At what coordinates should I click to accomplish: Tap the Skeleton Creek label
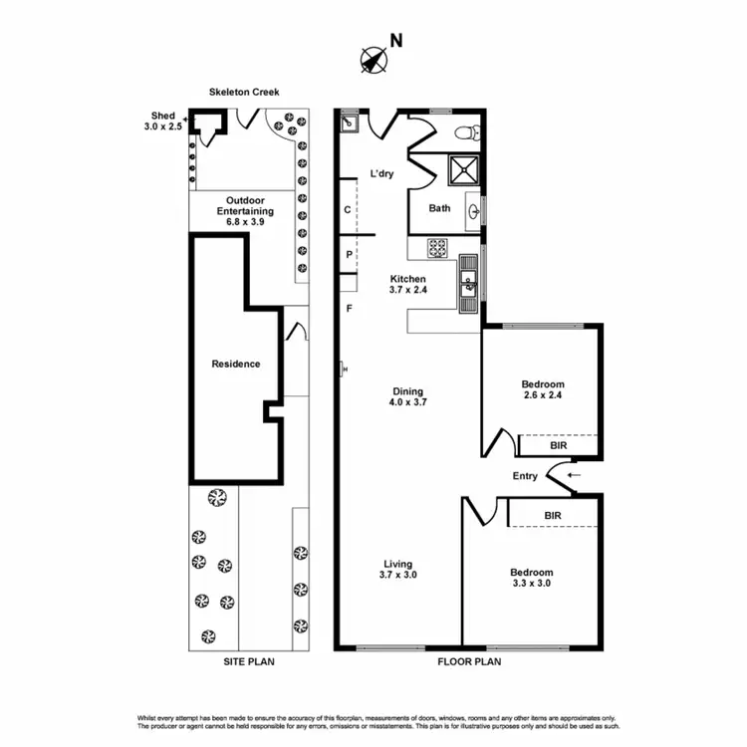(244, 92)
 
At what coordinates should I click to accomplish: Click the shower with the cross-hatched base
(462, 171)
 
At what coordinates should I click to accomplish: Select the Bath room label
(439, 209)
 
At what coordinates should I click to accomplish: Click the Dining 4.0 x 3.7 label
(407, 397)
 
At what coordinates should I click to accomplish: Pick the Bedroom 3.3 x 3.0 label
(531, 578)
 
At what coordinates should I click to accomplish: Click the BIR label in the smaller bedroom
(558, 446)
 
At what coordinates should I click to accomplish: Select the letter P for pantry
(349, 254)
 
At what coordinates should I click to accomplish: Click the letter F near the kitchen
(349, 309)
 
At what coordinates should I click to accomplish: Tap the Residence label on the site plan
(236, 364)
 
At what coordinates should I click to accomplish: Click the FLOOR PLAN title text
(469, 660)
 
